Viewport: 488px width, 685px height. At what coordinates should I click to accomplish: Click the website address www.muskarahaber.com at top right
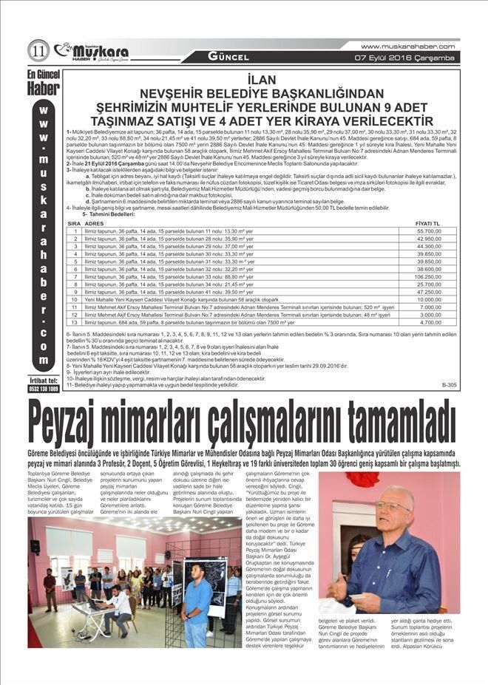409,46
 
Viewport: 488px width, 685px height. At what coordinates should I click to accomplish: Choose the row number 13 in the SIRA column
74,323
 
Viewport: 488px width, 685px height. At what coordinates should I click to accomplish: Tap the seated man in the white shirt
115,600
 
